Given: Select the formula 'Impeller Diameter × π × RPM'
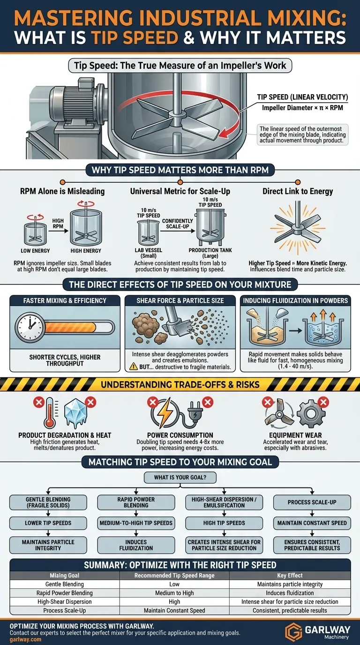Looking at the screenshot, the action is (x=302, y=108).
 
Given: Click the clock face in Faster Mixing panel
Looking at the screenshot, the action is (x=30, y=327).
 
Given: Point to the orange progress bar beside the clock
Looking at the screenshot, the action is (x=71, y=328).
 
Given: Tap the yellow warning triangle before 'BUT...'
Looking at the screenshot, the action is (x=133, y=367).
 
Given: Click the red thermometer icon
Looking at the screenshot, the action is (x=50, y=412).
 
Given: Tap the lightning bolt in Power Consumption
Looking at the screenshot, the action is (x=165, y=412).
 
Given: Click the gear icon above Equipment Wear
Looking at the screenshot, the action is (x=311, y=413).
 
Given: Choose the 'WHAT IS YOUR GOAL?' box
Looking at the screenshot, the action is (x=180, y=477).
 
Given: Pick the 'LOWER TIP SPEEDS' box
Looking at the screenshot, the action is (x=48, y=523).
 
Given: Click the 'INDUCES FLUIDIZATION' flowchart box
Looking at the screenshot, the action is (x=136, y=545).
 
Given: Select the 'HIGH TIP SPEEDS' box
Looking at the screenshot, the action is (x=224, y=523).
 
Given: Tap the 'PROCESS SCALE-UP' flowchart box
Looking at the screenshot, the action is (x=312, y=502).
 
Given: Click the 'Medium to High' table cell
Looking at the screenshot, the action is (x=174, y=593).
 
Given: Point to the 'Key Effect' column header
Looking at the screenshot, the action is (x=290, y=575).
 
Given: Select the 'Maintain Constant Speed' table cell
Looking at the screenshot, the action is (x=174, y=610).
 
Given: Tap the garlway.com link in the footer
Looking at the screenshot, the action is (x=25, y=639).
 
